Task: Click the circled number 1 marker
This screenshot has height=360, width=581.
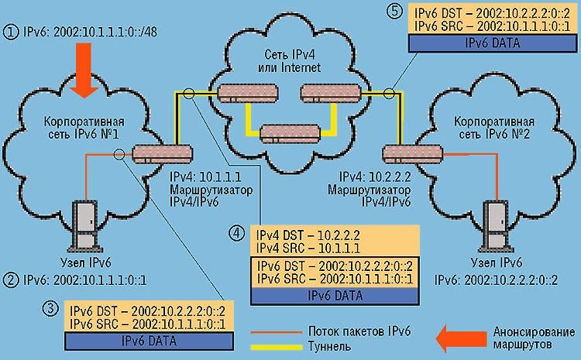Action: [10, 34]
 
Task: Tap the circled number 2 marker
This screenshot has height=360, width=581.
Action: [10, 277]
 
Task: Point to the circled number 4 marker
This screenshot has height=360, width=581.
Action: [239, 231]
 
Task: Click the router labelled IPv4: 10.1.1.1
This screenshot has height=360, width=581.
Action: [163, 153]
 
